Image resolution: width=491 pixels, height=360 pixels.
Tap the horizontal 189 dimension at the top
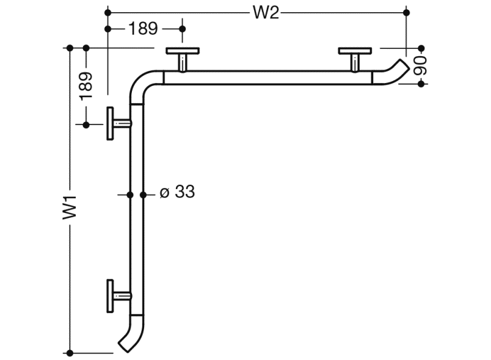click(143, 28)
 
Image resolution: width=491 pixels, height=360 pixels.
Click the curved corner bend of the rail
click(142, 84)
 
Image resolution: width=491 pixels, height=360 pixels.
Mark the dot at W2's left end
click(108, 12)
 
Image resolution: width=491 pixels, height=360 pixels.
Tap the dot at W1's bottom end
click(70, 352)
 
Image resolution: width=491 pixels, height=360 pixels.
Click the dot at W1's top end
click(70, 48)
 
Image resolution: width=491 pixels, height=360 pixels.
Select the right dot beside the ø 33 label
click(144, 195)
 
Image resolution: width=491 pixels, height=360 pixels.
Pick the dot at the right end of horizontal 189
click(182, 28)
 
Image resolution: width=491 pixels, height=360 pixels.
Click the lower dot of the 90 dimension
click(421, 84)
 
